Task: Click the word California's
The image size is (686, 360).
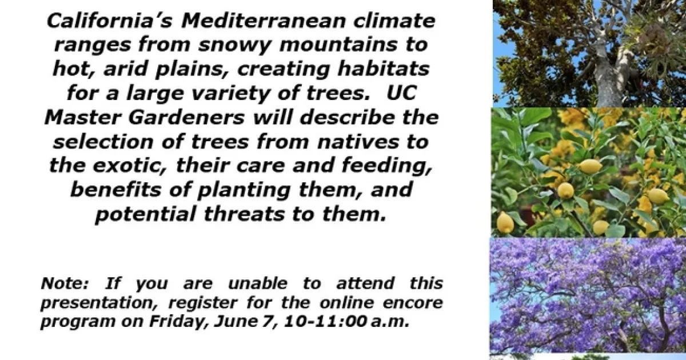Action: click(x=110, y=21)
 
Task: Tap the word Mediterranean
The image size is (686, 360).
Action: click(x=264, y=21)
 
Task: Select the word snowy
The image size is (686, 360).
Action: click(x=235, y=45)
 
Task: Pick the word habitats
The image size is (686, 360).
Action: click(x=384, y=69)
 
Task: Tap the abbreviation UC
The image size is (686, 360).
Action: click(x=401, y=93)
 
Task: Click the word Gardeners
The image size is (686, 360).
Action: click(x=187, y=117)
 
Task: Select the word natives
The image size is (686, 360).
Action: click(x=358, y=142)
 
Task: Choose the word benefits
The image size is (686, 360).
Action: click(x=115, y=190)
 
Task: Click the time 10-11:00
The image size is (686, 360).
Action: click(x=325, y=321)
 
